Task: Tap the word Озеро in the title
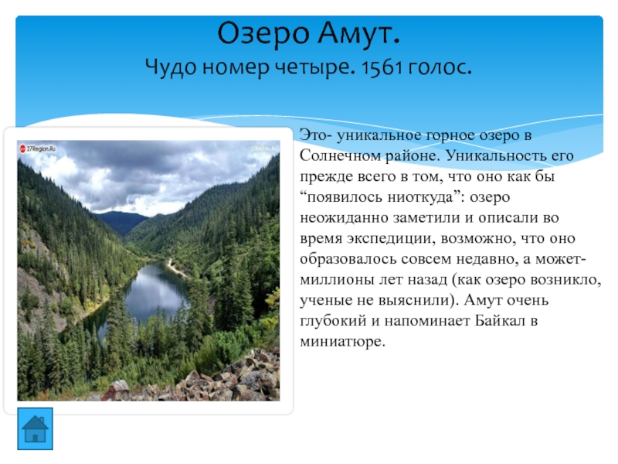(x=263, y=33)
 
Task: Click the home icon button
(x=35, y=429)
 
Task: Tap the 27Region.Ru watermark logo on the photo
(x=38, y=148)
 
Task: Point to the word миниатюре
(x=342, y=342)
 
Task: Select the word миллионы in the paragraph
(x=337, y=280)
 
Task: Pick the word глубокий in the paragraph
(x=333, y=321)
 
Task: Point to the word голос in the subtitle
(x=440, y=67)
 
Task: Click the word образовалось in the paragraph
(x=348, y=259)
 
